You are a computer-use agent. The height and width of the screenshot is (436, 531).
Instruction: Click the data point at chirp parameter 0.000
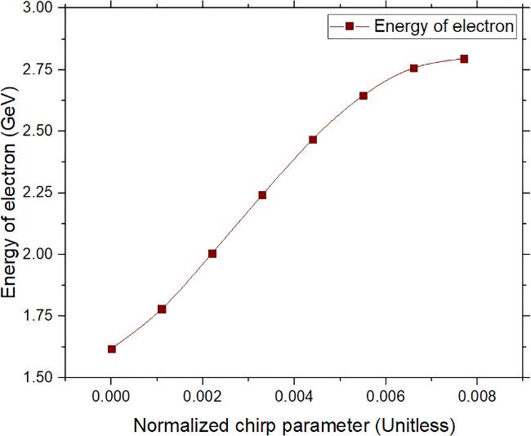click(112, 349)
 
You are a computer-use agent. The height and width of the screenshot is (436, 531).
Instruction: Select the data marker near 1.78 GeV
click(162, 309)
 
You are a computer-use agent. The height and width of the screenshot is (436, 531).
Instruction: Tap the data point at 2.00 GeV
click(212, 253)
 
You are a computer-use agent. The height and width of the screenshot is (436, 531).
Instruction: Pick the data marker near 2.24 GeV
click(262, 194)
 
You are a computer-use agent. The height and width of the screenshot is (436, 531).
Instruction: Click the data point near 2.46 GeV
click(313, 140)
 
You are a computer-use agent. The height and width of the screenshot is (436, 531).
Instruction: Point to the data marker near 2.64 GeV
click(364, 96)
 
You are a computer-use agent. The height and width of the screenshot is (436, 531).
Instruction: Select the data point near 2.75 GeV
click(413, 68)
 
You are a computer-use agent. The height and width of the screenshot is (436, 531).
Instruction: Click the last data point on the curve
click(464, 59)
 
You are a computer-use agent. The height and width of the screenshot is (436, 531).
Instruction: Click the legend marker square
click(349, 26)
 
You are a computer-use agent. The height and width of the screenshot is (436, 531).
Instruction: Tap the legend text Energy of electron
click(444, 26)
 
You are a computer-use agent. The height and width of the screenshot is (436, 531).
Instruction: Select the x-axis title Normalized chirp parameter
click(293, 425)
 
